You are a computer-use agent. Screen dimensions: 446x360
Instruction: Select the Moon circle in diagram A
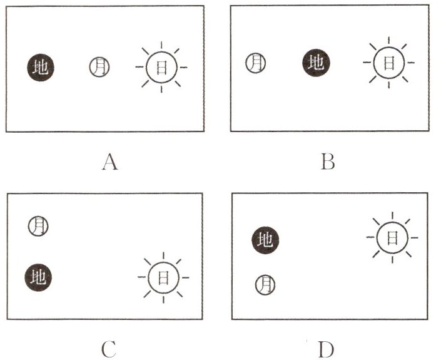tap(100, 66)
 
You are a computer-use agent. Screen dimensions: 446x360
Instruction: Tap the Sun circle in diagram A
tap(161, 67)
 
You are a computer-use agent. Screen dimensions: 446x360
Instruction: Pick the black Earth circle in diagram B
tap(317, 63)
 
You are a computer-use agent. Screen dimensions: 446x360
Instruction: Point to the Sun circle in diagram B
tap(388, 62)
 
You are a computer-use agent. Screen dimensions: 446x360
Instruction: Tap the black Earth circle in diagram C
tap(39, 275)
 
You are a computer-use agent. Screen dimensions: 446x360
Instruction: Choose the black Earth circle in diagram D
tap(266, 239)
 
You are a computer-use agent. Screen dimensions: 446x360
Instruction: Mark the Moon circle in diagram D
tap(265, 285)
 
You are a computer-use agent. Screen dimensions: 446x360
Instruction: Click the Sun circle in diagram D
tap(392, 238)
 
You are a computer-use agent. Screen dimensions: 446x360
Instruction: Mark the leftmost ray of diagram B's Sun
tap(365, 62)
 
